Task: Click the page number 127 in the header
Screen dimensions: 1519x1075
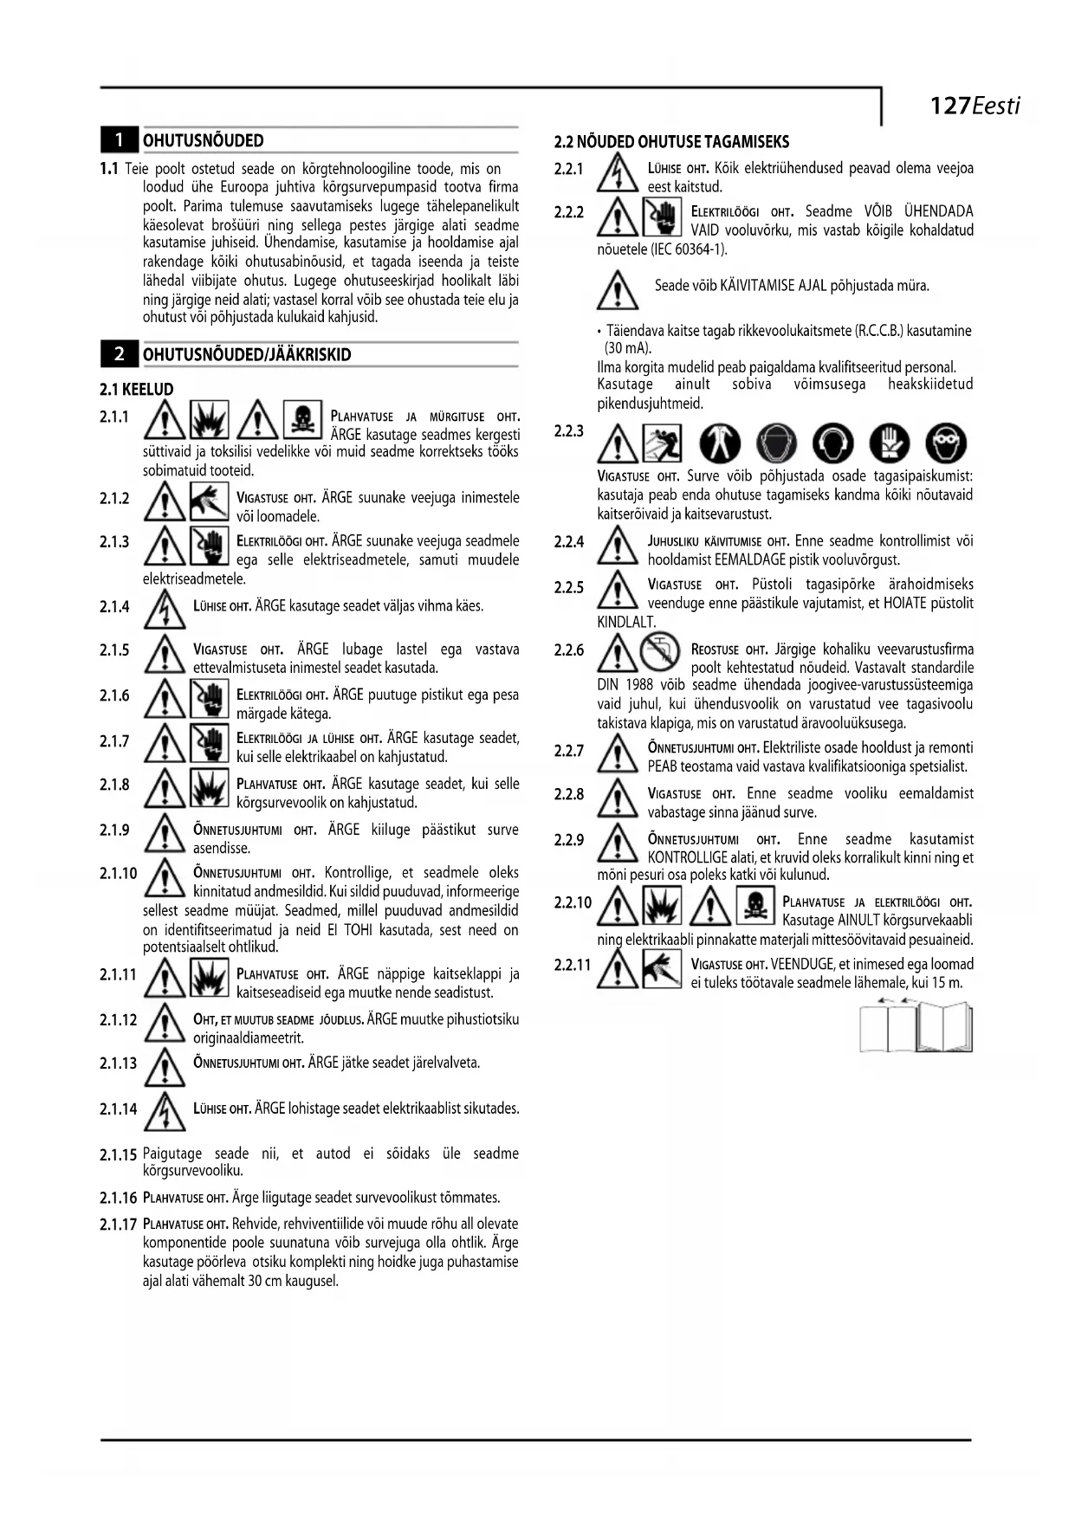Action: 949,106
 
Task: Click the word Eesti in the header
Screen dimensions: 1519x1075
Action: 996,106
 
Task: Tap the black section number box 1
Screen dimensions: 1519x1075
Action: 120,139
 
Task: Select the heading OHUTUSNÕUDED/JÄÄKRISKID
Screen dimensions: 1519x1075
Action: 247,354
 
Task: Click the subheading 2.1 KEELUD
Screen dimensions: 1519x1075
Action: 137,390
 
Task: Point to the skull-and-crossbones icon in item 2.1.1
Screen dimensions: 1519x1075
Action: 302,419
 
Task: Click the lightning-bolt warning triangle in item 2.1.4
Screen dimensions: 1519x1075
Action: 165,608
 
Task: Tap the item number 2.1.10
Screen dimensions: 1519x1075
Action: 118,873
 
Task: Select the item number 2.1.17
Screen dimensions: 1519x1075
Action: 118,1225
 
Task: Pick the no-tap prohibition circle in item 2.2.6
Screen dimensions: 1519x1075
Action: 659,651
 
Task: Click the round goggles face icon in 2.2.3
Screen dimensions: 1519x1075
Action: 945,443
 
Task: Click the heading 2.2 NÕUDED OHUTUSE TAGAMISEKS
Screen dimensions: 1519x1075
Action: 671,142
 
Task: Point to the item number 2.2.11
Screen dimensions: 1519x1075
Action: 572,965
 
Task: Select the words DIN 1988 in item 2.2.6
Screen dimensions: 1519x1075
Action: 627,686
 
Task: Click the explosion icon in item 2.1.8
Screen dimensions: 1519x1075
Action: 210,787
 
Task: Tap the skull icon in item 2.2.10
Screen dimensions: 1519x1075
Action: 754,904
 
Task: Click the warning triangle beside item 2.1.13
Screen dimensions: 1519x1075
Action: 165,1066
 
